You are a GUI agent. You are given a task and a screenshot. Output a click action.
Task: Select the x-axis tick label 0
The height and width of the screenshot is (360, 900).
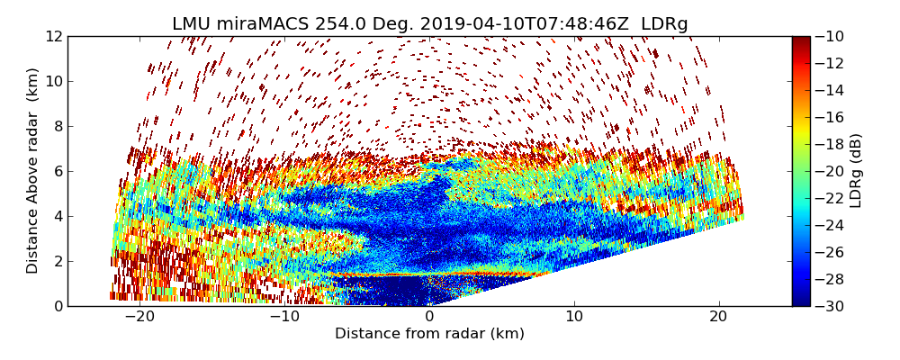(x=429, y=317)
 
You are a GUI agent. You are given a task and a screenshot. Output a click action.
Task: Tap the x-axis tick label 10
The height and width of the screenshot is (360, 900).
(x=574, y=317)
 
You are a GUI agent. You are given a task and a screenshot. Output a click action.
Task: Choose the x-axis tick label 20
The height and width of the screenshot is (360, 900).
(x=719, y=317)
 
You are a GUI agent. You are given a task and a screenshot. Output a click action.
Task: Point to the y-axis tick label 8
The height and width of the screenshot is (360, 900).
(x=58, y=126)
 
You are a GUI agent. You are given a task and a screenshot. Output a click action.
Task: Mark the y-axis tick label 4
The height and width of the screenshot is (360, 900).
(x=58, y=216)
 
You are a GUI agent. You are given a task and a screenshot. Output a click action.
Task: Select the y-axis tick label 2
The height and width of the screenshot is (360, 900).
(x=58, y=261)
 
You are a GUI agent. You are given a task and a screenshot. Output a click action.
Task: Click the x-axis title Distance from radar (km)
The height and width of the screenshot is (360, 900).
(x=429, y=334)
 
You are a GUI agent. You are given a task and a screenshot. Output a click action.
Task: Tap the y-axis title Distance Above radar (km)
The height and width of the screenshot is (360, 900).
(x=33, y=171)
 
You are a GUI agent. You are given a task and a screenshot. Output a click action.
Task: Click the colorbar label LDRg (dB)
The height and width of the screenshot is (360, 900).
(x=856, y=171)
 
